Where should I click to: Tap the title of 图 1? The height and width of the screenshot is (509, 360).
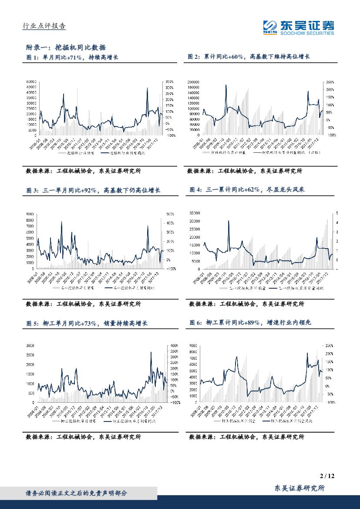(x=72, y=57)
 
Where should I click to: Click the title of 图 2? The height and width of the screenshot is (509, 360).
(x=249, y=57)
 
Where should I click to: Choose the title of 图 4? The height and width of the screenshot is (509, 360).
(x=250, y=190)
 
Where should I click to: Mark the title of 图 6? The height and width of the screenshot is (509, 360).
(x=251, y=323)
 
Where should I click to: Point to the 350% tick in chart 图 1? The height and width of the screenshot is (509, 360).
(x=169, y=81)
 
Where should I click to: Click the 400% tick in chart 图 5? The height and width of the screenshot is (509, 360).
(x=174, y=345)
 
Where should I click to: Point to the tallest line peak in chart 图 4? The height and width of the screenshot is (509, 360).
(x=229, y=221)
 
